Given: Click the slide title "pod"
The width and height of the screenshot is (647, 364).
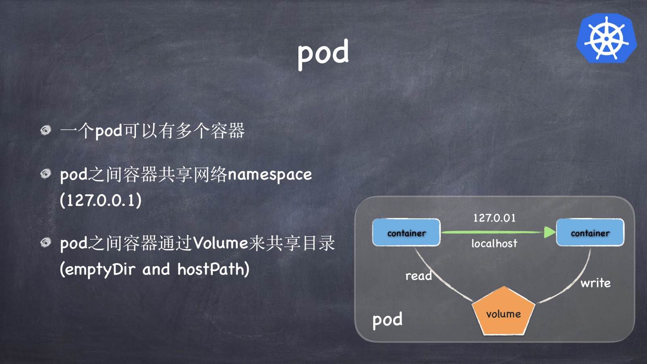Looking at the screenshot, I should coord(323,53).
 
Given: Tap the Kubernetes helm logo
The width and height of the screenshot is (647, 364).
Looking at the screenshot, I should coord(606,38).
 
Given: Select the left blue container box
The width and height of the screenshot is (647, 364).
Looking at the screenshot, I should coord(406,233).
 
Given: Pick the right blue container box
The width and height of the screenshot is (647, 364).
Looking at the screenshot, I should coord(590,233).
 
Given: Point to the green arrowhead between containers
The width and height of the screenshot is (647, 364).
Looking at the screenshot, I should coord(550,232).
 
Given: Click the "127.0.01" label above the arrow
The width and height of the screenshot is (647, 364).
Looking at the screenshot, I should coord(495,218).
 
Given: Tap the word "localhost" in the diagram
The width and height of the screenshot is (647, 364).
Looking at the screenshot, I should coord(494,243).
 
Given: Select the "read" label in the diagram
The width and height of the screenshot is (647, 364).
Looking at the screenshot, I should coord(419,276).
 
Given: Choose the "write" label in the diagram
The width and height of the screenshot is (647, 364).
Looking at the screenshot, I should coord(595,283).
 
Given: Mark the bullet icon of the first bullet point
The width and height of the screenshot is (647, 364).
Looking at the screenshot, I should coord(46,130).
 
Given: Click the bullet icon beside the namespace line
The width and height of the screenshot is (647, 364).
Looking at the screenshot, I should coord(46,174).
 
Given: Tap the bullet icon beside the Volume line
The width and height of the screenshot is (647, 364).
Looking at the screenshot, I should coord(46,242).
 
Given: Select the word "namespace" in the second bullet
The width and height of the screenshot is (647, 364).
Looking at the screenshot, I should coord(270,175).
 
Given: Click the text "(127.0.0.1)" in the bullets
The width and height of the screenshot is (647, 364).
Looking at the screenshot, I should coord(101,200).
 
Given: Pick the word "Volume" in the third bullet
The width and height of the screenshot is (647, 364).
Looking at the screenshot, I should coord(220,243).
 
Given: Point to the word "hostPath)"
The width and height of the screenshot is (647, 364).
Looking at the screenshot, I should coord(214,269).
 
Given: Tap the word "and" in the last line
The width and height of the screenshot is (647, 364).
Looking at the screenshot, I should coord(156,269).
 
